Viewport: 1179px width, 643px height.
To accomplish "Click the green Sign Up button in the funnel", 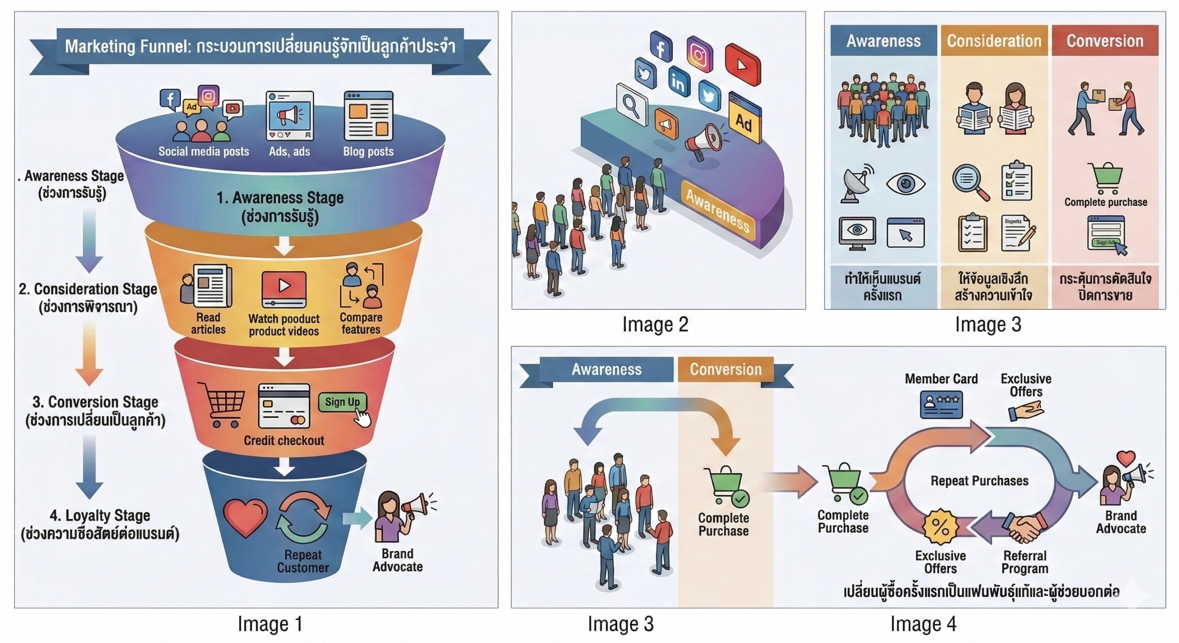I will (x=342, y=402).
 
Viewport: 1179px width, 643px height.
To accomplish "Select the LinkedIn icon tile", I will (x=678, y=82).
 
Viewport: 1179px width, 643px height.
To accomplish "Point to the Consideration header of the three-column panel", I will (x=994, y=41).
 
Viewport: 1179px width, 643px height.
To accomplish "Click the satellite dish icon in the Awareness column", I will (x=857, y=184).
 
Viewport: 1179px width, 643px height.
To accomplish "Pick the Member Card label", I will (x=941, y=379).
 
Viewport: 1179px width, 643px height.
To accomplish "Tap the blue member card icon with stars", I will (x=941, y=404).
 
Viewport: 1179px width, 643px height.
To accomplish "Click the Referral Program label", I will (x=1025, y=562).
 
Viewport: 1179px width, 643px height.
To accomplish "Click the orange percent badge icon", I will (x=940, y=527).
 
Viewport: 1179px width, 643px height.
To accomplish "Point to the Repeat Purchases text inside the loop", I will (x=979, y=481).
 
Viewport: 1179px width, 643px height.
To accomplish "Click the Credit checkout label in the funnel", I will (x=284, y=440).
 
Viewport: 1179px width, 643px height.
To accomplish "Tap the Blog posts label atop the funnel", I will (x=368, y=151).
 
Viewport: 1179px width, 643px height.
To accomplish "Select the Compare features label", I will (x=361, y=323).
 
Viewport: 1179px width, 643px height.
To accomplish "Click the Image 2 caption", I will (x=655, y=324).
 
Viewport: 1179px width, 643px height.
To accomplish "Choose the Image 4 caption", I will (x=923, y=624).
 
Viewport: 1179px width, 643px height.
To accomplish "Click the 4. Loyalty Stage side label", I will (x=100, y=515).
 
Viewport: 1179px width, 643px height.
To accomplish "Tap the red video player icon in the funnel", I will (x=284, y=289).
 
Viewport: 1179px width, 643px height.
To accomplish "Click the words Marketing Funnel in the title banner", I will (x=125, y=46).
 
